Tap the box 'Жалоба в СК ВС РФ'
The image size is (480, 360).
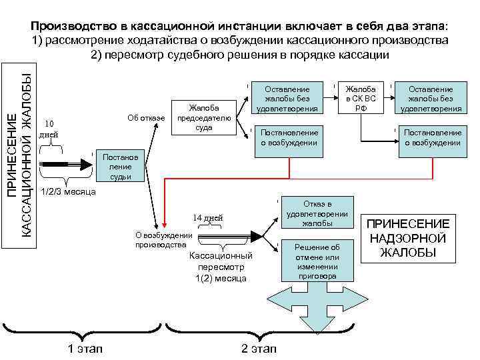(x=361, y=99)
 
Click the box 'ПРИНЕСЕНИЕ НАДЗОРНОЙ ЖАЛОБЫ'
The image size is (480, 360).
(x=409, y=238)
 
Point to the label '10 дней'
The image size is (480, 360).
(x=48, y=129)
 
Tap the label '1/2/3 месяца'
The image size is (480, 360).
(x=68, y=192)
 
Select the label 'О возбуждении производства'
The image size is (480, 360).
(x=163, y=239)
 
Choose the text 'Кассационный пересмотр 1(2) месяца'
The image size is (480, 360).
(x=220, y=267)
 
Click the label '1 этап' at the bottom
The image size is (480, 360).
(x=86, y=349)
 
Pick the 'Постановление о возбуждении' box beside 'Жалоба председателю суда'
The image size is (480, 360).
(x=288, y=137)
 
